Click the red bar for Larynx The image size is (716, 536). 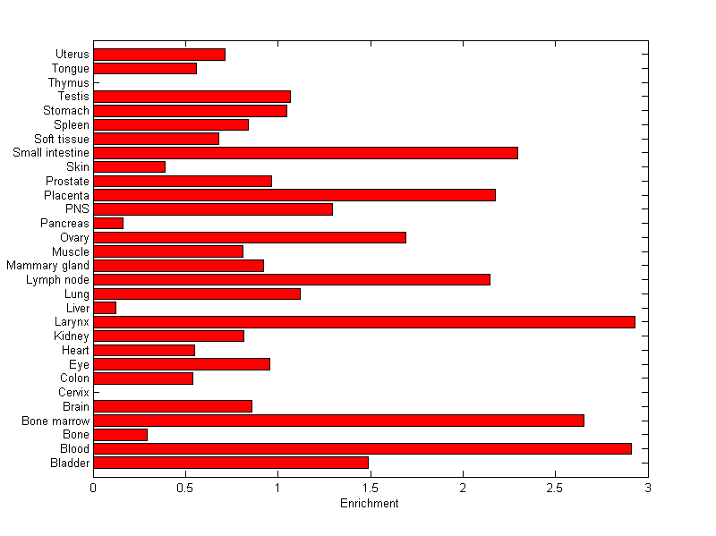coord(364,322)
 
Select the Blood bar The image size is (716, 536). coord(362,448)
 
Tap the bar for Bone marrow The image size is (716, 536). coord(338,421)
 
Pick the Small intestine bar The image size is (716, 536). coord(305,153)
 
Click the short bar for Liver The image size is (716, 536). coord(105,308)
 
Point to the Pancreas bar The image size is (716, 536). coord(108,223)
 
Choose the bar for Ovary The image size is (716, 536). coord(250,237)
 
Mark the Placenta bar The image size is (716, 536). coord(294,195)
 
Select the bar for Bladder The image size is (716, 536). coord(231,463)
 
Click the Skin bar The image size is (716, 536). coord(129,166)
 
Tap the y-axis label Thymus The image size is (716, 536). coord(69,83)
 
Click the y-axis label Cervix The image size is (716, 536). coord(73,393)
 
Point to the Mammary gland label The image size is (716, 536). coord(47,266)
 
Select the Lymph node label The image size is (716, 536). coord(57,280)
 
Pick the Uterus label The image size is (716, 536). coord(72,55)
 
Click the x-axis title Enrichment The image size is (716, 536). coord(370,504)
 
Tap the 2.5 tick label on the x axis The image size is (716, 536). coord(555,488)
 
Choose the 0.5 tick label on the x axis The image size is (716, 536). coord(185,488)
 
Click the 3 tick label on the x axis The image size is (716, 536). coord(647,488)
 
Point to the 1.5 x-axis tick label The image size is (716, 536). coord(370,488)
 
